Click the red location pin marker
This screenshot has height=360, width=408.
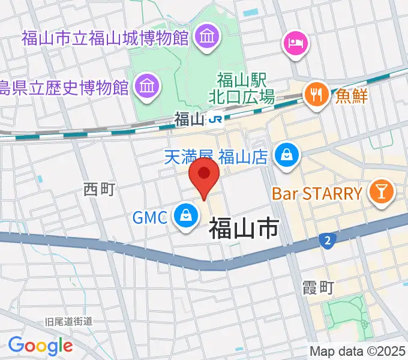[x=204, y=175]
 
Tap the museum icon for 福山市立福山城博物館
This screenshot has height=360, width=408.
[x=207, y=37]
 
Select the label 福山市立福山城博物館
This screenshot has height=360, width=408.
[x=105, y=39]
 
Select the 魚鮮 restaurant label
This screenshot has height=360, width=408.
[x=352, y=95]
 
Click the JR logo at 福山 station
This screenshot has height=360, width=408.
[x=215, y=119]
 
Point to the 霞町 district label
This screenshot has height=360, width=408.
[x=319, y=287]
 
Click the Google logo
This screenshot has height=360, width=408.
[x=40, y=345]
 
